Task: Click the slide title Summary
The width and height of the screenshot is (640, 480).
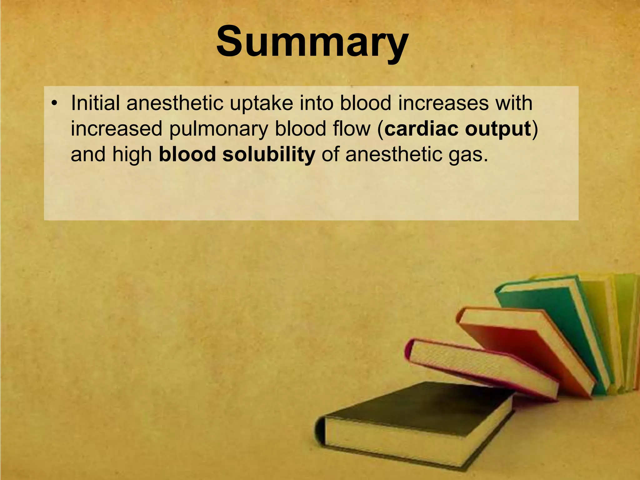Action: tap(312, 42)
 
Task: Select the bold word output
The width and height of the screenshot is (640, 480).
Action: tap(498, 129)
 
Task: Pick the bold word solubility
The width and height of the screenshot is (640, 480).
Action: tap(268, 155)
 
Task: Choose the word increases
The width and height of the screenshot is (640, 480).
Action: tap(443, 103)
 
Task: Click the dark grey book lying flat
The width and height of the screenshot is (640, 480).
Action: tap(416, 403)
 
